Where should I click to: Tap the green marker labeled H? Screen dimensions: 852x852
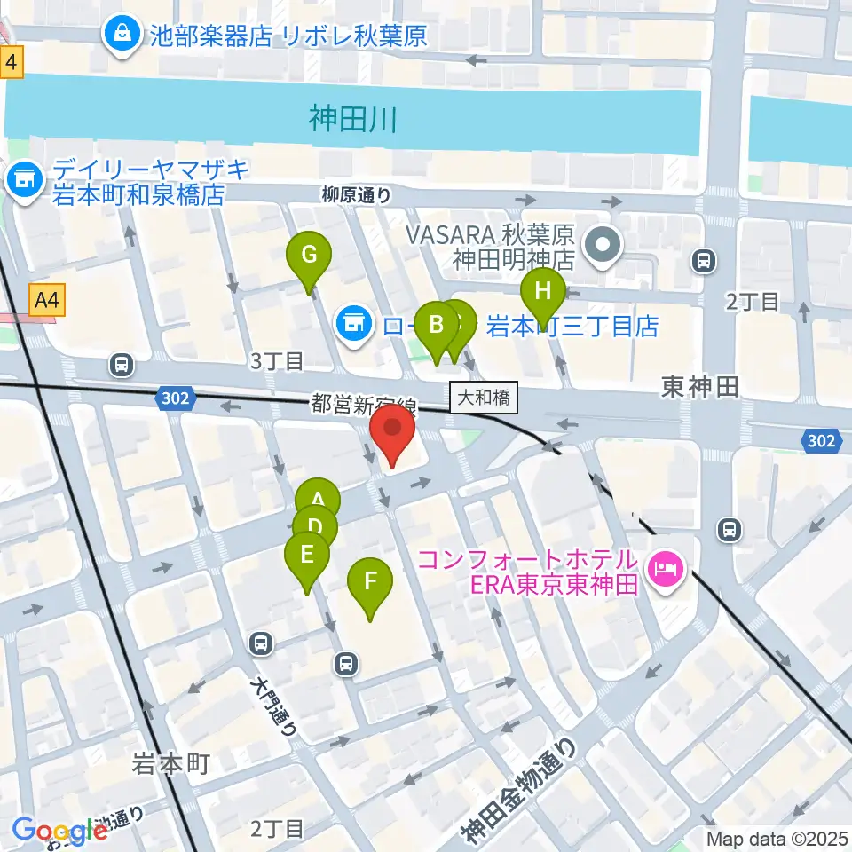click(x=542, y=292)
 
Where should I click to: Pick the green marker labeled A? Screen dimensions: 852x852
click(x=317, y=500)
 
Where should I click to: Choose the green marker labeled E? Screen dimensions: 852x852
click(x=307, y=556)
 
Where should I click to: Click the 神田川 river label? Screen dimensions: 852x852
click(x=352, y=118)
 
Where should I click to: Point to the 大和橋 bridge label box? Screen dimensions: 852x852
click(x=484, y=398)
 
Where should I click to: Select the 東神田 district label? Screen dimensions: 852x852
click(x=699, y=385)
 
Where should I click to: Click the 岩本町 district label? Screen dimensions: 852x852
click(x=170, y=763)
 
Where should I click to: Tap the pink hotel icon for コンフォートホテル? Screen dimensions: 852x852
click(x=665, y=564)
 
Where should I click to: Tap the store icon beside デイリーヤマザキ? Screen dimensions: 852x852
click(x=21, y=180)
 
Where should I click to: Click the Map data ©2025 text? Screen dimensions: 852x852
click(x=777, y=838)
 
